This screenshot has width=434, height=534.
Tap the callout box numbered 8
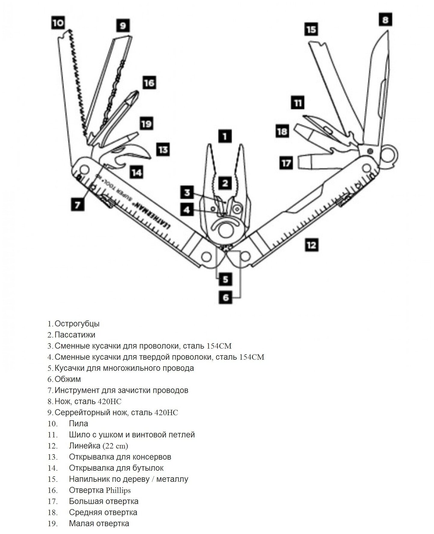point(385,20)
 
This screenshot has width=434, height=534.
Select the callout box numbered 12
point(311,245)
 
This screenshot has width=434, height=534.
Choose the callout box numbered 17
point(286,163)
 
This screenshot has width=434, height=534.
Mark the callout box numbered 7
point(78,205)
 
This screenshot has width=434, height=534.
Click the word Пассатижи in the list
point(75,334)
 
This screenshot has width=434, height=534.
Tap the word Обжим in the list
point(68,379)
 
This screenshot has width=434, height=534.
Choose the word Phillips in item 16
point(118,490)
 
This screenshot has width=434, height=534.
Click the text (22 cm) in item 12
point(115,446)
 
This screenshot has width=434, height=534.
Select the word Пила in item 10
point(79,424)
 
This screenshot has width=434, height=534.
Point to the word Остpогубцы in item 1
point(77,324)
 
